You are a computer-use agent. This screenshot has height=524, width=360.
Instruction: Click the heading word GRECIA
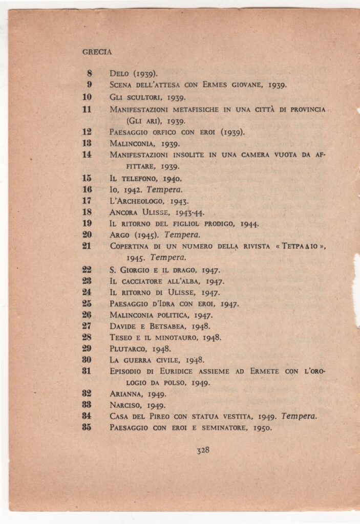click(97, 52)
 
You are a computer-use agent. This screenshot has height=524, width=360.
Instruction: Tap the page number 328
click(203, 450)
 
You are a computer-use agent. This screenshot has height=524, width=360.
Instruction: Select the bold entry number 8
click(89, 73)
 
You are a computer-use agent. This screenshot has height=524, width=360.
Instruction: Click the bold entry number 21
click(87, 246)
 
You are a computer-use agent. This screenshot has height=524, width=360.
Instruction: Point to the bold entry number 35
click(87, 427)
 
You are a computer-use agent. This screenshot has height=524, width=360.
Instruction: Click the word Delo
click(120, 74)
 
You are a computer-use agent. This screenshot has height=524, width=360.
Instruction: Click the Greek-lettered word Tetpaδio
click(304, 246)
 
